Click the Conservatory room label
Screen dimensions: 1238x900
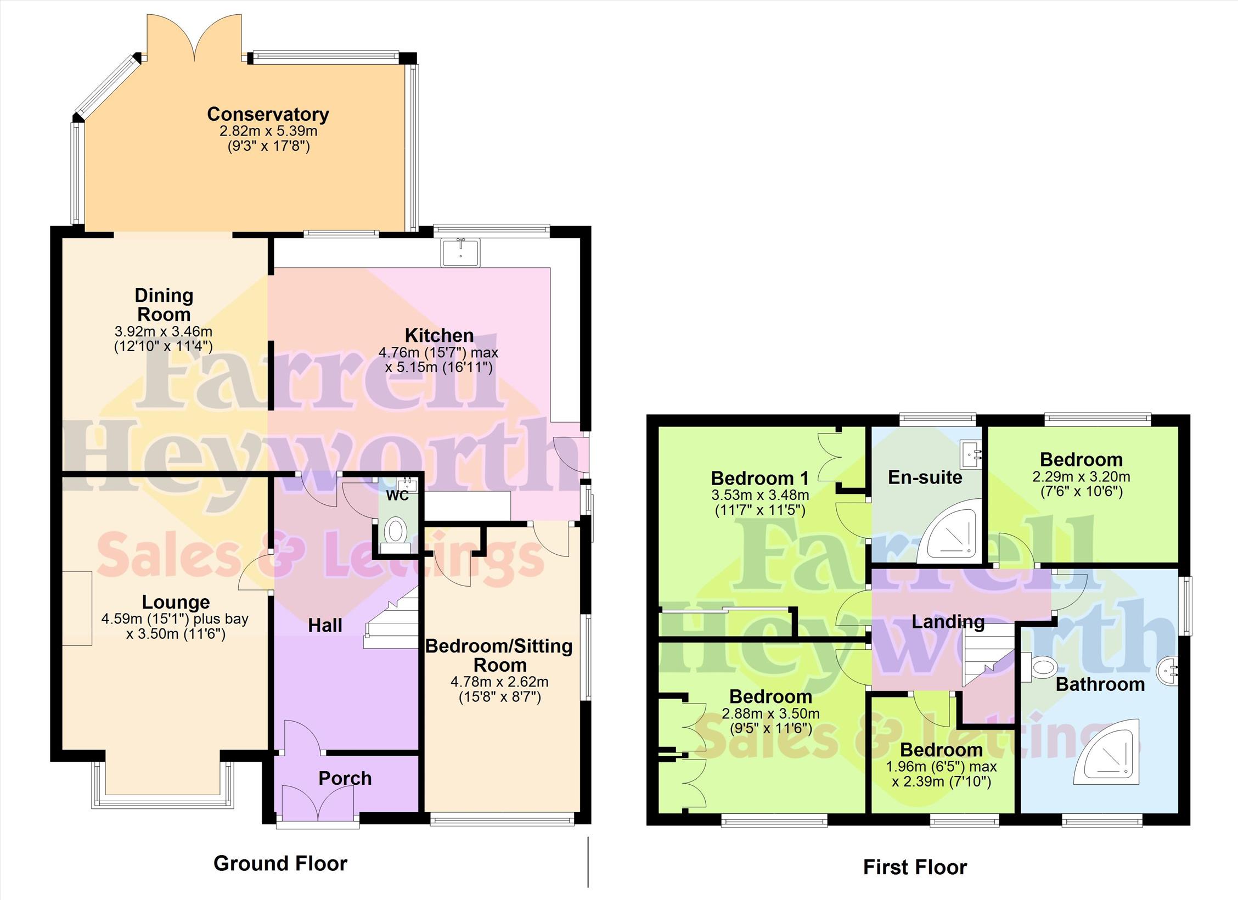pos(268,114)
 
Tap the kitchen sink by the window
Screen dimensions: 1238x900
pos(460,252)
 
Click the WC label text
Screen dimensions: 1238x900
pos(398,495)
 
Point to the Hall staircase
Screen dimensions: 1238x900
pos(391,617)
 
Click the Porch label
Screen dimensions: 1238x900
pos(345,778)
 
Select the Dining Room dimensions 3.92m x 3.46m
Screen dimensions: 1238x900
pos(163,331)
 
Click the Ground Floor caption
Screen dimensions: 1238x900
pos(280,863)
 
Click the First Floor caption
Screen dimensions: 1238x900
pos(915,867)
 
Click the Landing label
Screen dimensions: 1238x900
pos(948,622)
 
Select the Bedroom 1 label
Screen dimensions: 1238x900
pos(760,478)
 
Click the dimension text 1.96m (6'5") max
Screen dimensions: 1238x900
pos(941,766)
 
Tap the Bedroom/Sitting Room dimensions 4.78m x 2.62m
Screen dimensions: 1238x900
pos(499,682)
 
